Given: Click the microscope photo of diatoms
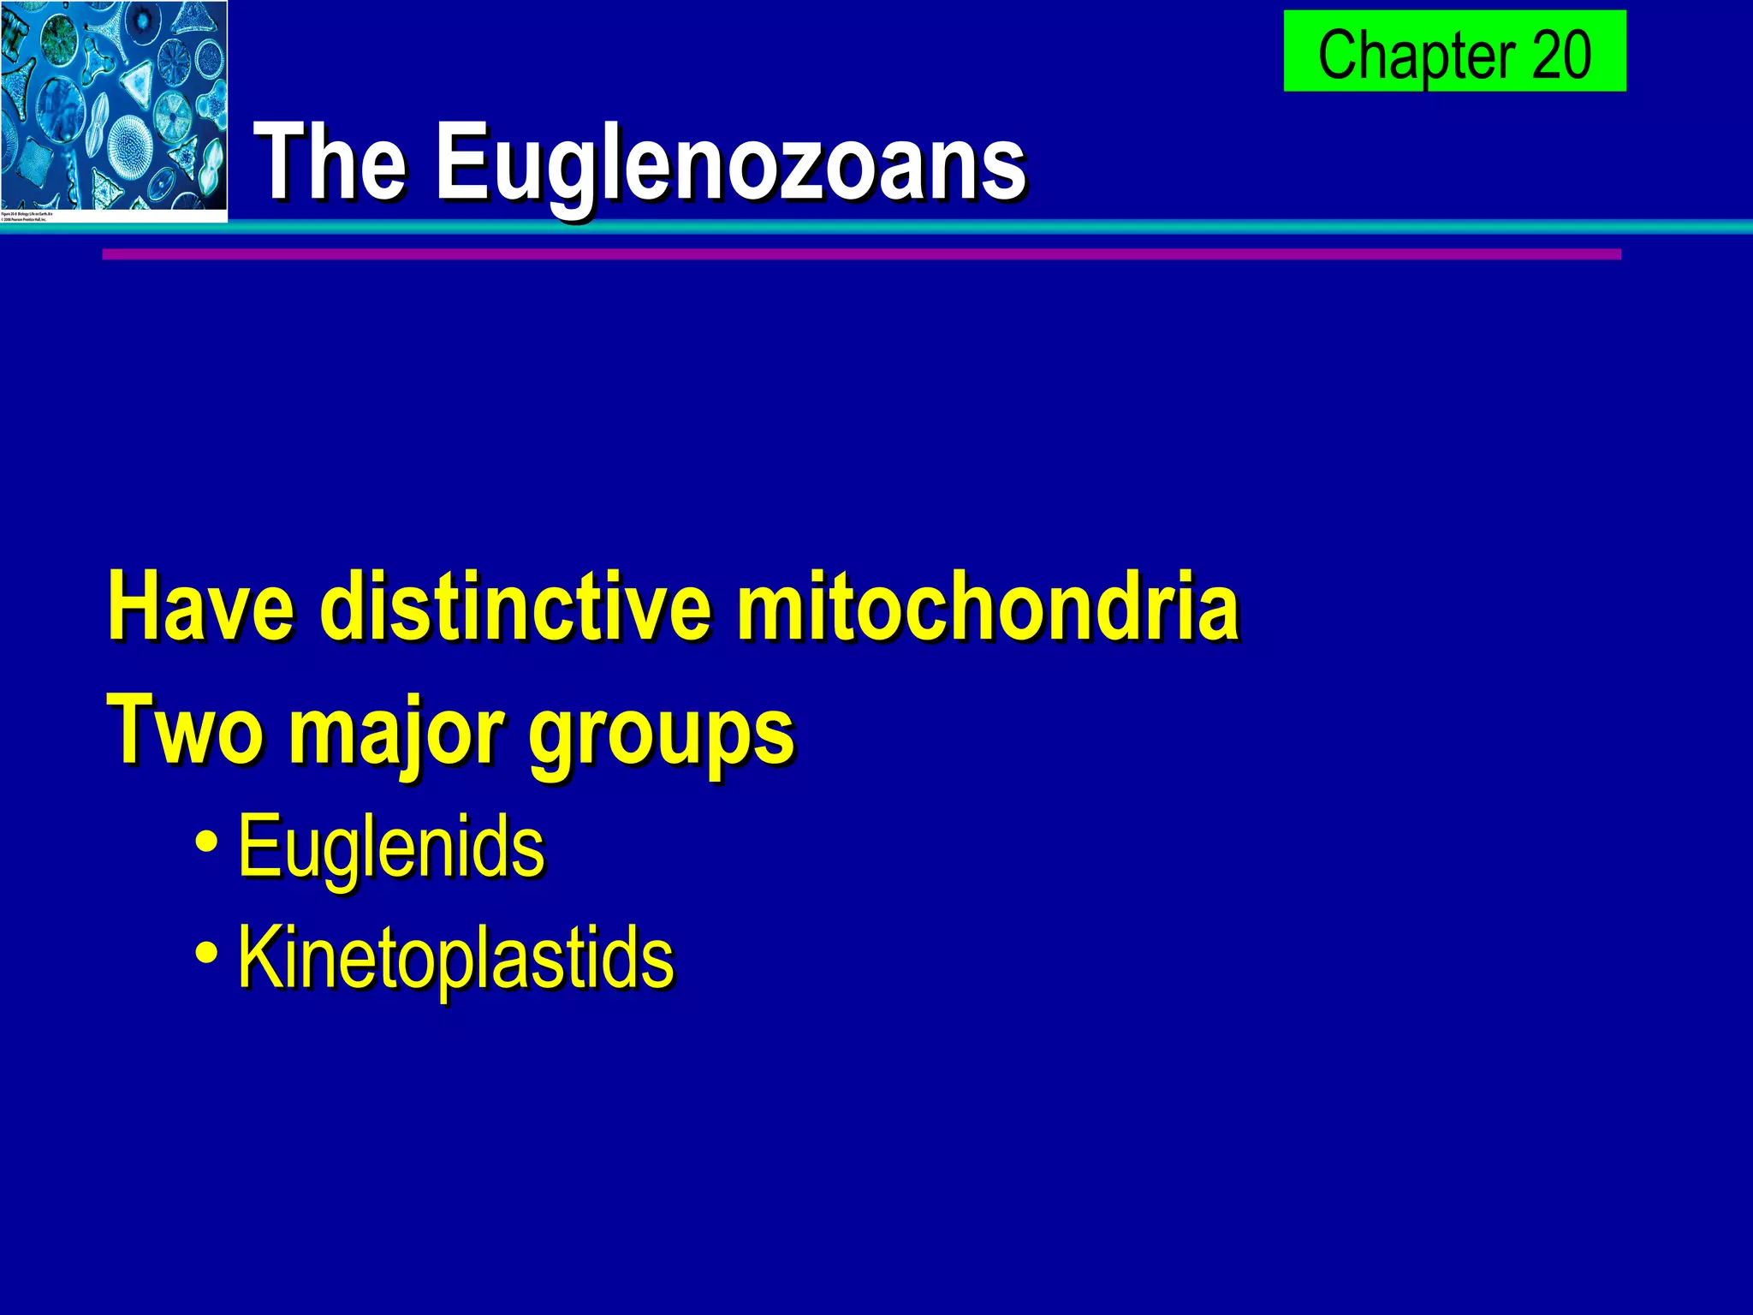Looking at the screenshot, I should [114, 104].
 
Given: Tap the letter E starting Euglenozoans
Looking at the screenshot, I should [462, 161].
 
